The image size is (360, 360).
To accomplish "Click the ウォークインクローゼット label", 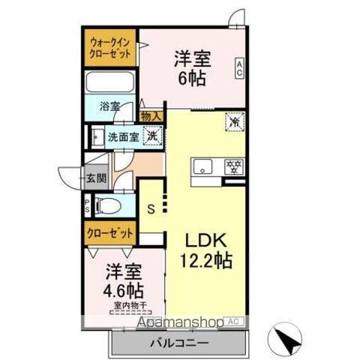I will point(110,48).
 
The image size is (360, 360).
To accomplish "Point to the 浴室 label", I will point(110,106).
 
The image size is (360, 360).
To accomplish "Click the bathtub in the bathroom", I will point(109,83).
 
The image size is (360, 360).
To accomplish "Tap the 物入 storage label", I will point(151,115).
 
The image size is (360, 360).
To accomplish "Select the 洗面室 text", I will point(122,137).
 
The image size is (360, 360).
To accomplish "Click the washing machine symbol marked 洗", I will point(151,136).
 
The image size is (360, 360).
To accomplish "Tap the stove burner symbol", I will point(233,166).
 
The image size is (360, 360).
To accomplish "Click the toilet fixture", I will point(106,205).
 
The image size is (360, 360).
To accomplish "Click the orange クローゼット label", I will point(110,233).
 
